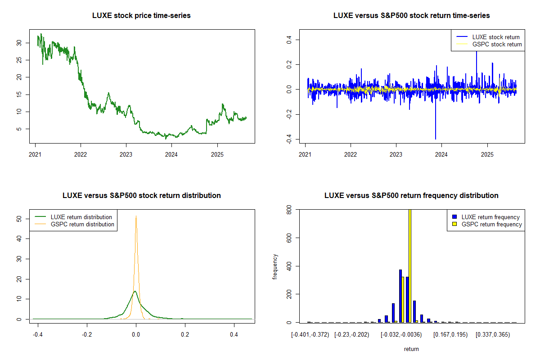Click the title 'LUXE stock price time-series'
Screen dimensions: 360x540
[141, 16]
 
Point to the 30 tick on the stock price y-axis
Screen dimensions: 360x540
[19, 43]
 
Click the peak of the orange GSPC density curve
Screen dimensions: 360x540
[136, 216]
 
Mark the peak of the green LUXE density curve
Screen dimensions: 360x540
[135, 291]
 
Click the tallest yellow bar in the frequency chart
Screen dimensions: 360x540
[410, 265]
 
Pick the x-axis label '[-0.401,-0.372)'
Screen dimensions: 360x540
[310, 335]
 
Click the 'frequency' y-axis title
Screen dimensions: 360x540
[275, 266]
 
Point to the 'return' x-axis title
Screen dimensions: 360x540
[411, 349]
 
